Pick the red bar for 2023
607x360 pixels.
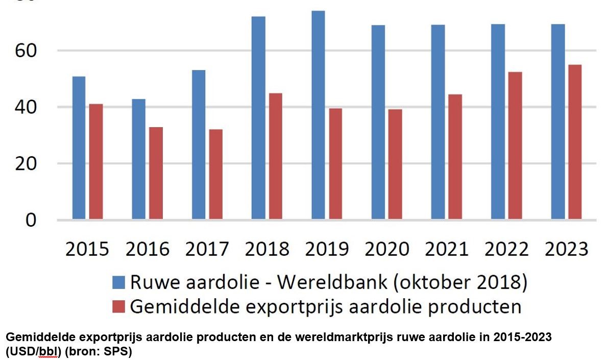tap(575, 142)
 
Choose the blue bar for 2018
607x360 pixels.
tap(258, 118)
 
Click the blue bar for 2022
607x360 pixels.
tap(498, 122)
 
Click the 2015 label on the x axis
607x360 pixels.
tap(87, 249)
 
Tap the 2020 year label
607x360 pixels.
tap(387, 249)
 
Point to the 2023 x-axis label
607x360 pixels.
tap(567, 249)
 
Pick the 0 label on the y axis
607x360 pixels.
tap(32, 220)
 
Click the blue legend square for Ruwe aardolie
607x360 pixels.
tap(119, 282)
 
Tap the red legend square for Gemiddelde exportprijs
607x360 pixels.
tap(119, 306)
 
